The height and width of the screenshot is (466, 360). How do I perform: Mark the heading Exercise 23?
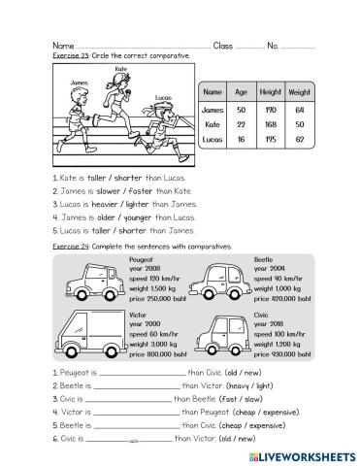[x=67, y=56]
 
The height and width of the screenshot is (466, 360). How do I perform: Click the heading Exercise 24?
[x=68, y=248]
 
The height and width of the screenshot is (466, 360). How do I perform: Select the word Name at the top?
[x=61, y=46]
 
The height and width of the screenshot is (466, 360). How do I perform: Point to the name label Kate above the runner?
[x=121, y=70]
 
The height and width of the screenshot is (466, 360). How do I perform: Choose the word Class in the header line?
[x=222, y=46]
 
